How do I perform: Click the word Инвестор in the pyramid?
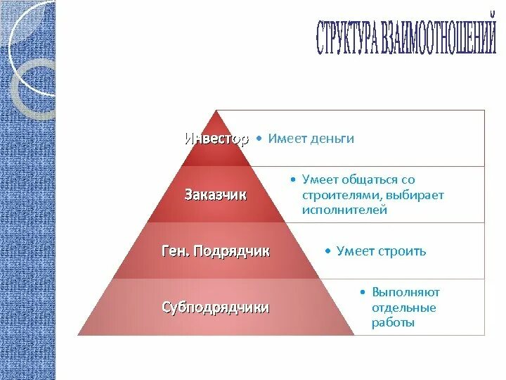(216, 139)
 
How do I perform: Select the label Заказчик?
(216, 195)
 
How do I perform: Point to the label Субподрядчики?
(216, 308)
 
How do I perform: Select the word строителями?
(334, 195)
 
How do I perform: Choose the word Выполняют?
(406, 292)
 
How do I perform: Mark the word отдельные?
(404, 308)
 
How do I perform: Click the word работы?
(394, 323)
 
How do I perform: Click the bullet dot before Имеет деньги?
(259, 139)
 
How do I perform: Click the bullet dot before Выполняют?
(363, 292)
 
